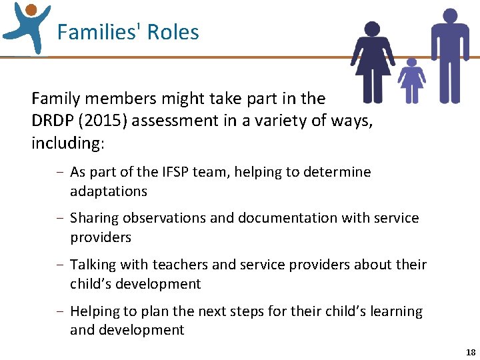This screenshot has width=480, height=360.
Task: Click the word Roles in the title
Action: [173, 32]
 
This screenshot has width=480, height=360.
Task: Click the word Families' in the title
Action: [98, 32]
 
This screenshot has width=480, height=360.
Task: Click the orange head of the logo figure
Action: [31, 9]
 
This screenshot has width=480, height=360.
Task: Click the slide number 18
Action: [471, 352]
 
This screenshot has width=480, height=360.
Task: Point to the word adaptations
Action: [109, 191]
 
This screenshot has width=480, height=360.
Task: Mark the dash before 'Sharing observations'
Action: [60, 219]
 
